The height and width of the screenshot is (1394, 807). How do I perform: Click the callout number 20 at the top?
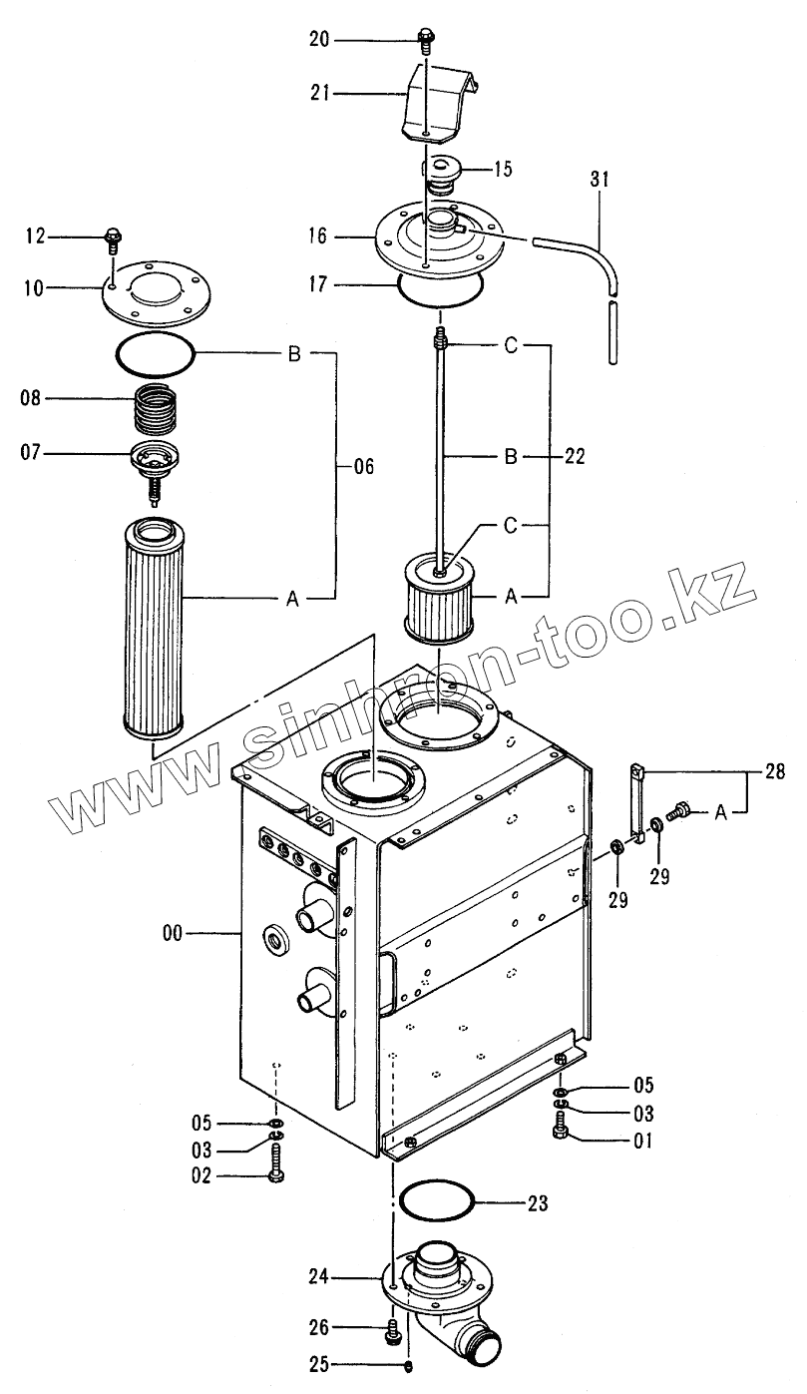pos(319,39)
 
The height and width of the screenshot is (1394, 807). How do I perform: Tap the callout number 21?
pos(319,93)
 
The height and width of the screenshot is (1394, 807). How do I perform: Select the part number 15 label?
pos(502,169)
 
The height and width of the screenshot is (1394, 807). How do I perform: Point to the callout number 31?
pos(599,180)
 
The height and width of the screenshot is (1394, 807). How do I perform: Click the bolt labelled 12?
pos(112,239)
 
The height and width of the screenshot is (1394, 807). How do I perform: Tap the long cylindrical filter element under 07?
pos(151,624)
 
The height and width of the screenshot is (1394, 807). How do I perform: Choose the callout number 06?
pos(365,466)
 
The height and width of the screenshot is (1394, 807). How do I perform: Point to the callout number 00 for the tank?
pos(173,933)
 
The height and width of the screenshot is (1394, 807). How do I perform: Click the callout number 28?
pos(774,771)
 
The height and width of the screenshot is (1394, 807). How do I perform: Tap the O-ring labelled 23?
pos(435,1201)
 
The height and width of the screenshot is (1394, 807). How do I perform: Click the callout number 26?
pos(319,1327)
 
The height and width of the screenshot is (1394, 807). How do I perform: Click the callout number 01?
pos(641,1140)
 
